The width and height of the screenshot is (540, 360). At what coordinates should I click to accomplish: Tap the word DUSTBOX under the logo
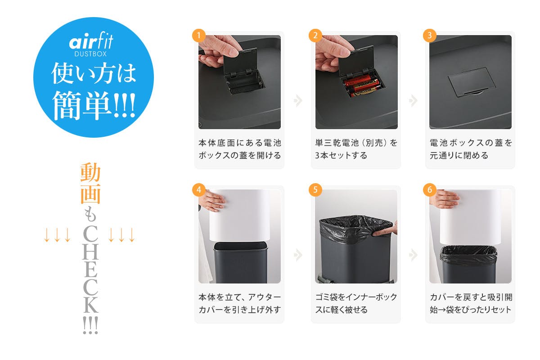coord(90,54)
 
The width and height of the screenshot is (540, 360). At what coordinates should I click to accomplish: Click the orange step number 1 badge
coord(198,36)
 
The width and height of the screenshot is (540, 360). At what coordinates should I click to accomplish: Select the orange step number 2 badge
coord(315,36)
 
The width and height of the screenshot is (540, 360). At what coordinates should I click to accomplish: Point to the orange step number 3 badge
coord(430,36)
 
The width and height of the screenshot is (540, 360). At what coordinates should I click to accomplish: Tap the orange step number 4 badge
coord(198,190)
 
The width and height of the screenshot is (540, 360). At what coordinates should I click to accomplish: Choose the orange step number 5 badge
coord(315,190)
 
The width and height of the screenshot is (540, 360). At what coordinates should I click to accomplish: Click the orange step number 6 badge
coord(430,190)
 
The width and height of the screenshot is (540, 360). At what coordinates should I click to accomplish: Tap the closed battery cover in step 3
coord(472,81)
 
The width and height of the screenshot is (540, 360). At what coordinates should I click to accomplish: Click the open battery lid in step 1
coord(240,61)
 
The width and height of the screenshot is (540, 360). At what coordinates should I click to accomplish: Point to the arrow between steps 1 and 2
coord(298,100)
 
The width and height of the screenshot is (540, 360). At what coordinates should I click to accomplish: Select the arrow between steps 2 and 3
coord(413,100)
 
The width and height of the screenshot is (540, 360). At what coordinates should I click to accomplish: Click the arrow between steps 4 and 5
coord(298,255)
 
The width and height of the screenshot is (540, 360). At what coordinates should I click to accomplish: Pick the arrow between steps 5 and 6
coord(413,255)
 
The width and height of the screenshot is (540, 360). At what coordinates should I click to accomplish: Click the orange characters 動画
coord(90,183)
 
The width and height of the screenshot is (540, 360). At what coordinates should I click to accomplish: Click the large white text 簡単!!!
coord(94,105)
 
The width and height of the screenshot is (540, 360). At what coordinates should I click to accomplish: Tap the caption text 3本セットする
coord(341,156)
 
